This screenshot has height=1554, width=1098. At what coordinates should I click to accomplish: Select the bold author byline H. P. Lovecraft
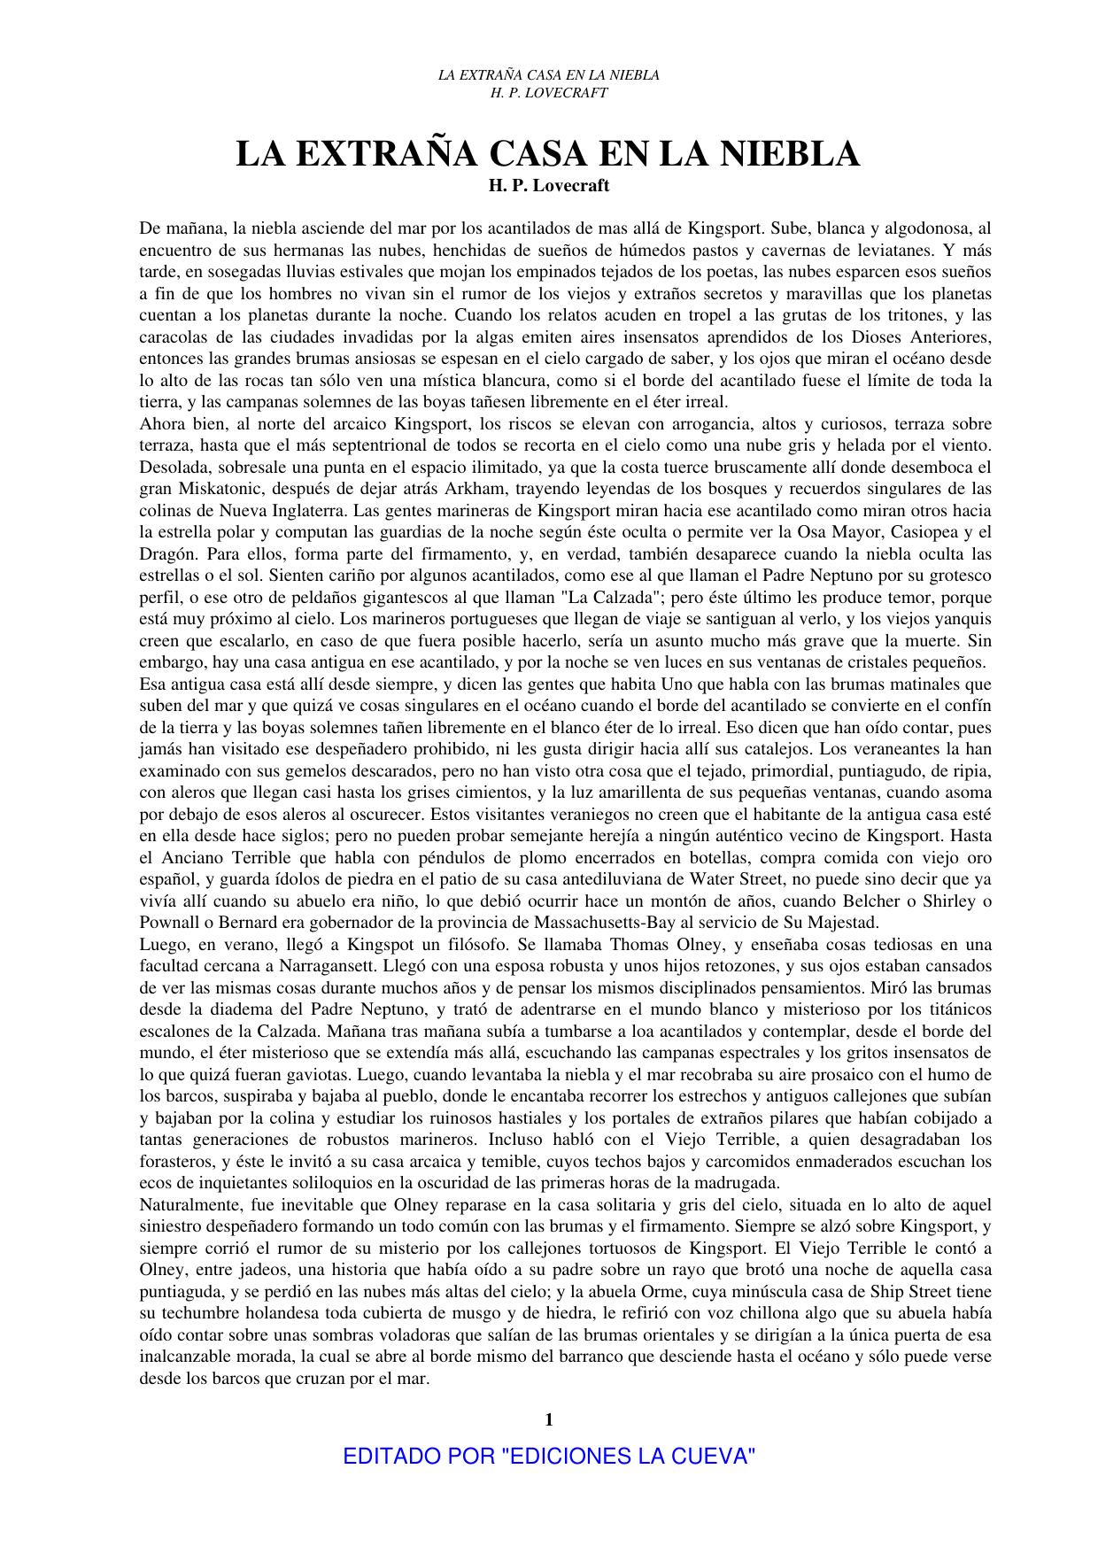pyautogui.click(x=549, y=186)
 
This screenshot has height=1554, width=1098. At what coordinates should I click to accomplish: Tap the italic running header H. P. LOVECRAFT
pyautogui.click(x=549, y=92)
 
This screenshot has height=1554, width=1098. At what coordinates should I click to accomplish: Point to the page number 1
pyautogui.click(x=549, y=1420)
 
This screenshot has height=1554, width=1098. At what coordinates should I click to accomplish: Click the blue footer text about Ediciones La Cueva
pyautogui.click(x=549, y=1457)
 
